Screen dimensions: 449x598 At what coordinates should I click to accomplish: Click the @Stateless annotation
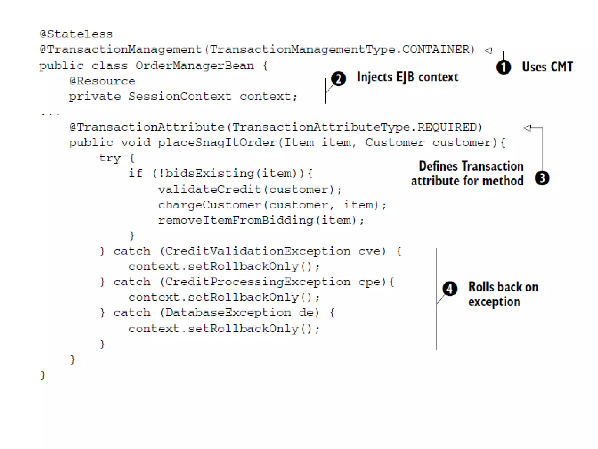point(76,34)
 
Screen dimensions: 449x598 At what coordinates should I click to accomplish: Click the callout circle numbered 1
point(504,67)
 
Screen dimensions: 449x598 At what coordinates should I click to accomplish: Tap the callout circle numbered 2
point(338,79)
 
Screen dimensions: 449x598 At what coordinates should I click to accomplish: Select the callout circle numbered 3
point(542,178)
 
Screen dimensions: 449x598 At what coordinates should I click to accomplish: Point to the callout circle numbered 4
point(450,289)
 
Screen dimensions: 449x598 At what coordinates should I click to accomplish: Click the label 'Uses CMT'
point(547,67)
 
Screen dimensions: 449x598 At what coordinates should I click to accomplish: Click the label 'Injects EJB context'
point(407,77)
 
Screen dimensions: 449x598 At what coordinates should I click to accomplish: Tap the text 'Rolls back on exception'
point(503,294)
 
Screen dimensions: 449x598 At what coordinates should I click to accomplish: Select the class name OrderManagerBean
point(194,66)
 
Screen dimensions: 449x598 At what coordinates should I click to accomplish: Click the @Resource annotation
point(102,81)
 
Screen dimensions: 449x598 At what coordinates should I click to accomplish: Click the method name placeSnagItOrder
point(217,143)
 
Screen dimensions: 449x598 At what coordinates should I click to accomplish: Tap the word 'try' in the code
point(110,158)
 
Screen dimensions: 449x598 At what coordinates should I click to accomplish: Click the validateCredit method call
point(209,189)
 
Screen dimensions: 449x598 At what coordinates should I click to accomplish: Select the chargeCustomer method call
point(209,205)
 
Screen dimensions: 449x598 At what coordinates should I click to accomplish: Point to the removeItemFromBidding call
point(235,220)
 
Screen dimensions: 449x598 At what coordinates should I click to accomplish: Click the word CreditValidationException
point(258,251)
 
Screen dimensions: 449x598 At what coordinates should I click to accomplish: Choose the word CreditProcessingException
point(258,282)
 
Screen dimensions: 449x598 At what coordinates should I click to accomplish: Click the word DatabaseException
point(228,313)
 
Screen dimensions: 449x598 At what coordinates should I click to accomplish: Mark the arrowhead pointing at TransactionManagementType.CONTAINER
point(488,51)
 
